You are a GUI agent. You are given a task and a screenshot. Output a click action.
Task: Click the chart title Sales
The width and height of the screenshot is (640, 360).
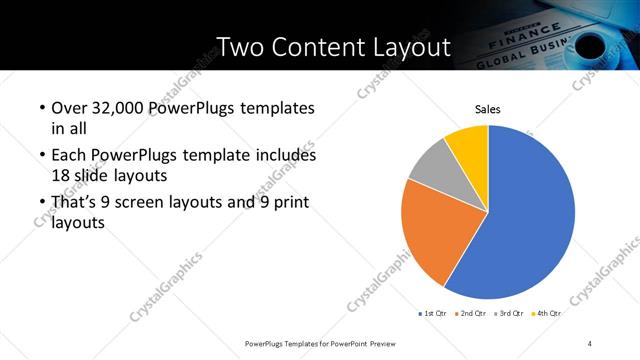point(487,109)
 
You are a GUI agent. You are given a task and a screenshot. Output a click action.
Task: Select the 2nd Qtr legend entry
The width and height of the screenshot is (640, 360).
point(474,314)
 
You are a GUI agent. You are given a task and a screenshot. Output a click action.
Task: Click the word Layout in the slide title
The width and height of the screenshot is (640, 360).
point(410,47)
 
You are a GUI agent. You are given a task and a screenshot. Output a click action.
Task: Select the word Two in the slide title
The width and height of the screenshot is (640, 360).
point(239,47)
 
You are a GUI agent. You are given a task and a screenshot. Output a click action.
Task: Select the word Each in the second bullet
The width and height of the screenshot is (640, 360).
point(67,156)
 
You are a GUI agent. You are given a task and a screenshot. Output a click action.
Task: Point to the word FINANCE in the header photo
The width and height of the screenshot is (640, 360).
point(510,44)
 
